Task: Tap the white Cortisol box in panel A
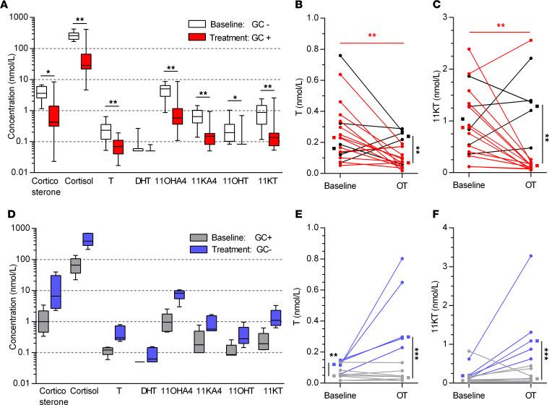pyautogui.click(x=73, y=35)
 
